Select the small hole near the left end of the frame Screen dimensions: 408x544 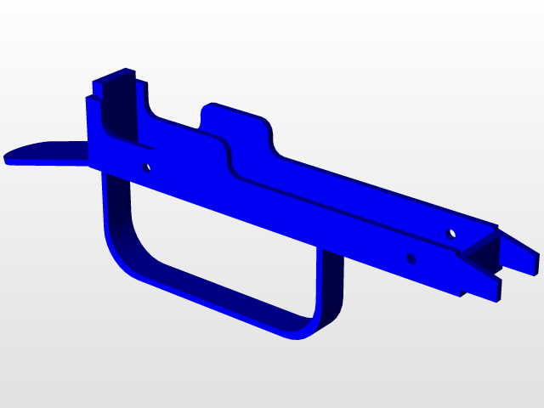pyautogui.click(x=146, y=167)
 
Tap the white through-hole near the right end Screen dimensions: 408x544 pyautogui.click(x=452, y=232)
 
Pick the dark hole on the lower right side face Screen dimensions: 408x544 pyautogui.click(x=411, y=258)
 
